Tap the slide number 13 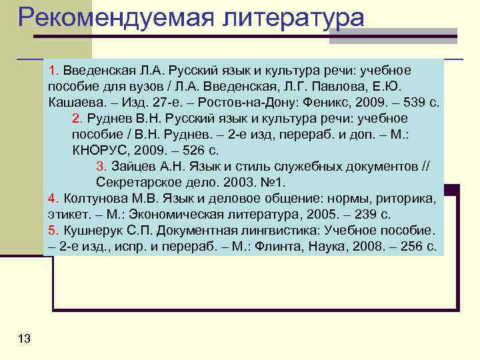25,339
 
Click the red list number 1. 53,71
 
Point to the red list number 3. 101,166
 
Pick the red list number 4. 53,199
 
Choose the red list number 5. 53,231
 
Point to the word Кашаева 74,103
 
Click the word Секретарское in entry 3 136,182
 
